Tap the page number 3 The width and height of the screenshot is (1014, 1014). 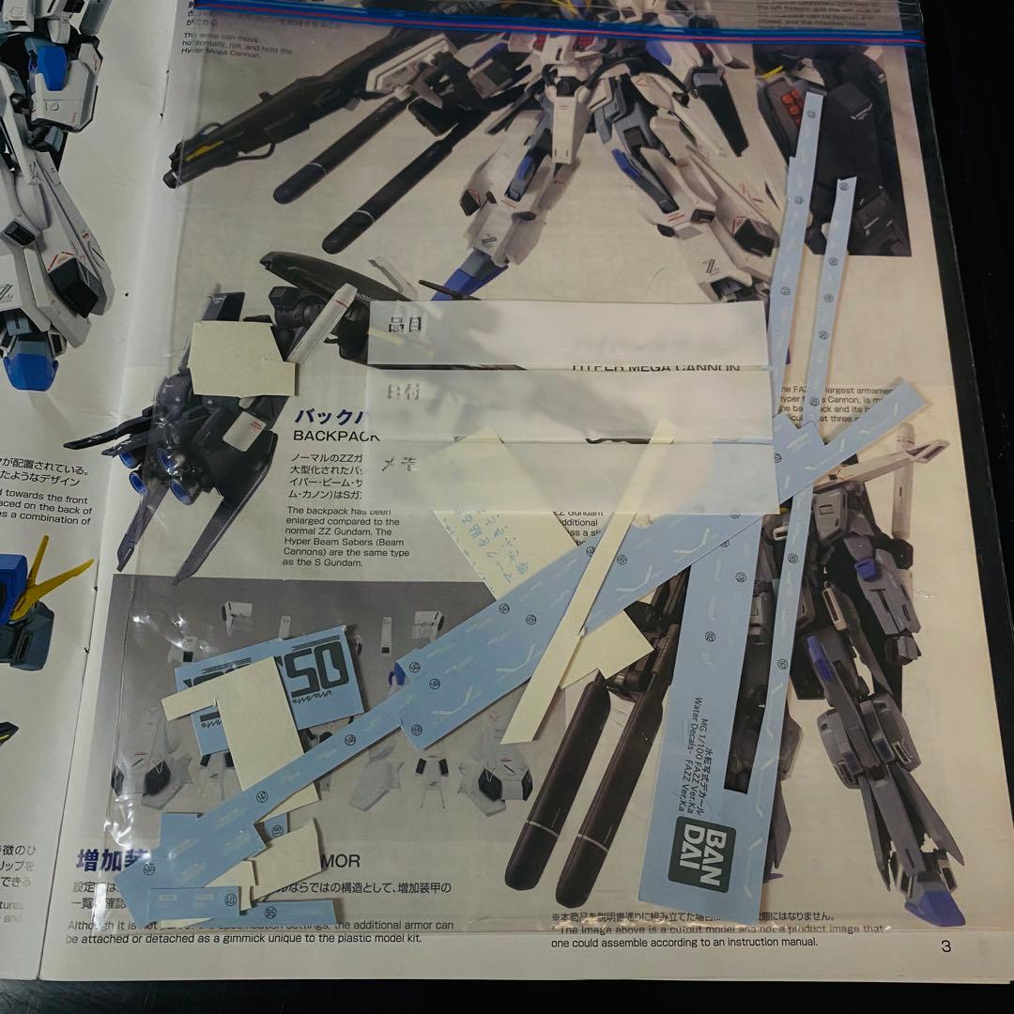click(945, 946)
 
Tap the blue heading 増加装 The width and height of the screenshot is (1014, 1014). click(108, 859)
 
